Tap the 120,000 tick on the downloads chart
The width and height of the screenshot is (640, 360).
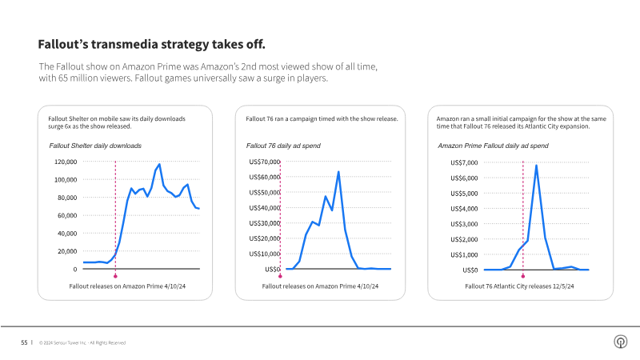click(64, 162)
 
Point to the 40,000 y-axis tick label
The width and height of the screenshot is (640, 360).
click(66, 234)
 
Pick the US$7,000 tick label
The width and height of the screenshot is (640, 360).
click(464, 162)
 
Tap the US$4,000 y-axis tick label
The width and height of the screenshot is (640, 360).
click(464, 208)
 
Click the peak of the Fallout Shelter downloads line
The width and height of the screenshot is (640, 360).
click(160, 164)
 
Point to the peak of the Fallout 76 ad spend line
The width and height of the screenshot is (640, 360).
click(338, 171)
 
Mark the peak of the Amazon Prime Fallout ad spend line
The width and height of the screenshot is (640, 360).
click(536, 165)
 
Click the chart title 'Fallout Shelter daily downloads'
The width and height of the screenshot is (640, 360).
click(95, 146)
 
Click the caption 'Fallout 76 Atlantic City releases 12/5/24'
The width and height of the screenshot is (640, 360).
click(520, 286)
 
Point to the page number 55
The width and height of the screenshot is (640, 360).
click(24, 342)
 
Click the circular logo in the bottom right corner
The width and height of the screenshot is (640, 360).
click(619, 342)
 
